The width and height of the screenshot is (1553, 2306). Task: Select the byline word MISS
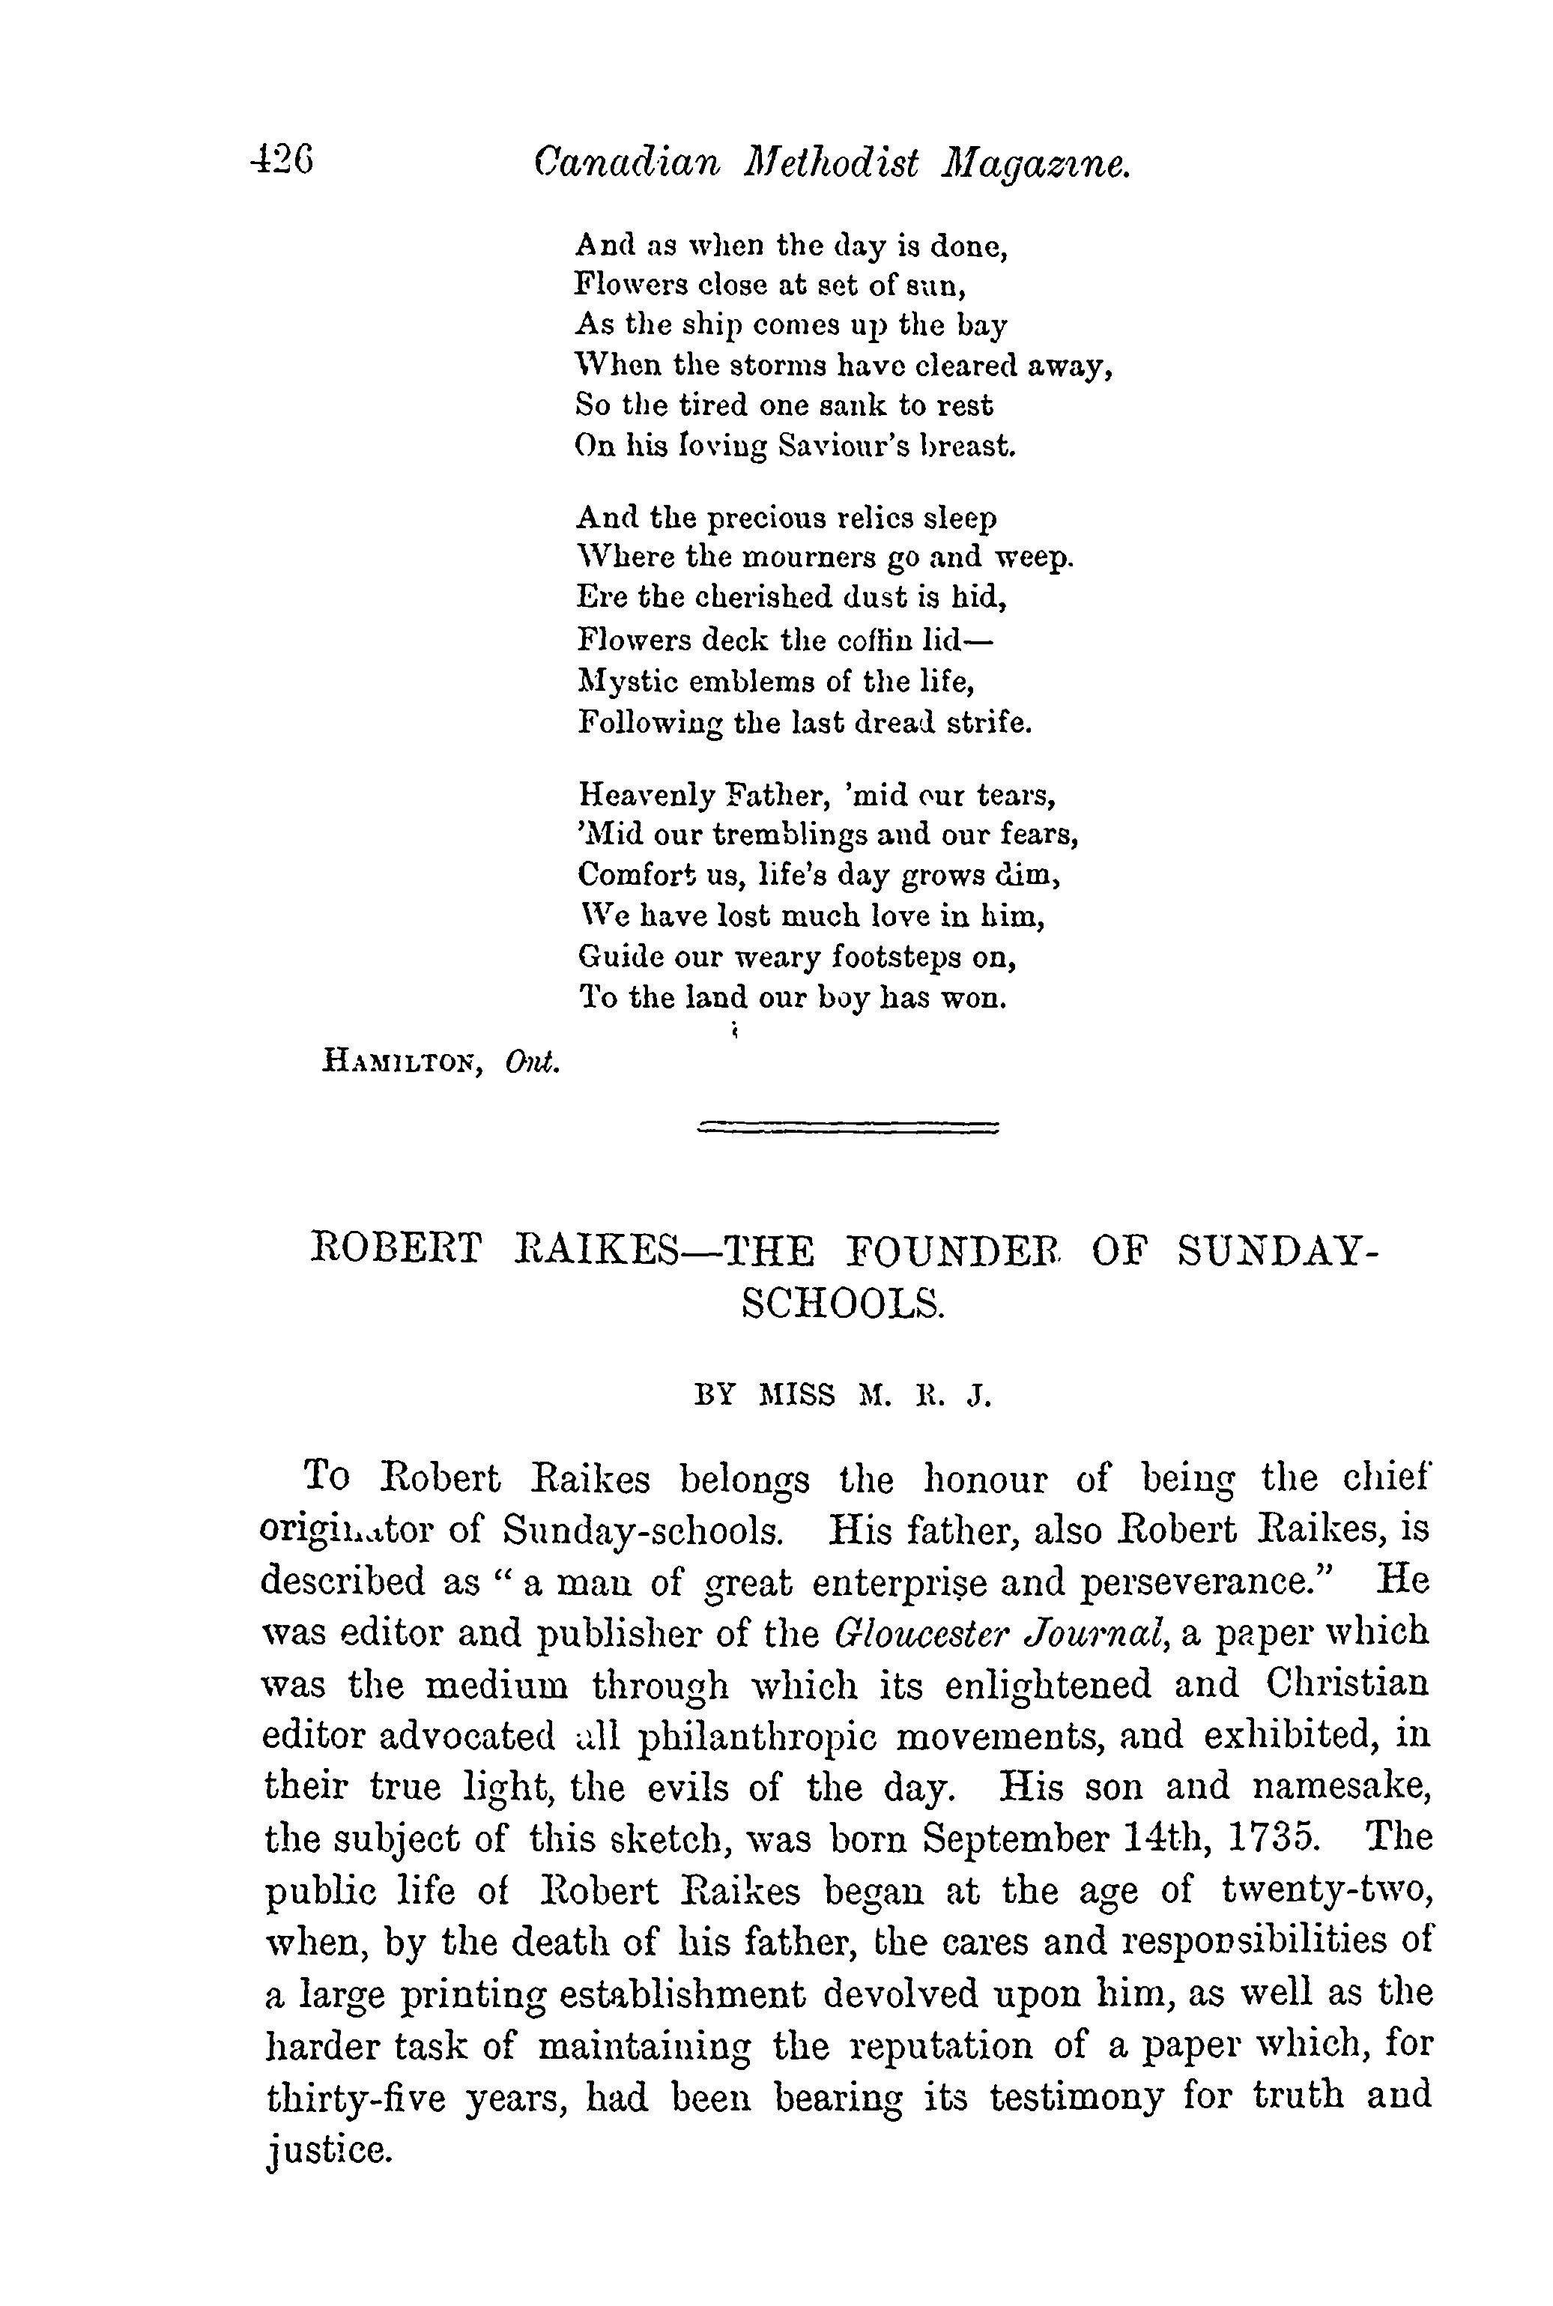click(797, 1396)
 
